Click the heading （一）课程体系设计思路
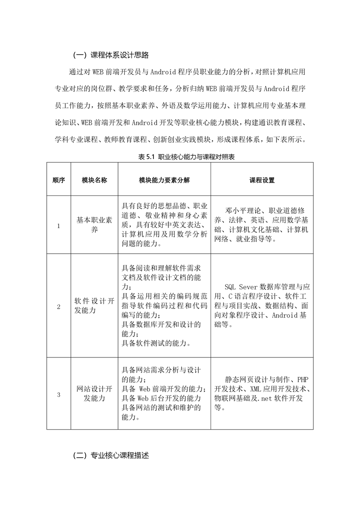coord(111,55)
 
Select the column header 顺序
coord(59,180)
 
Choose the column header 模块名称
coord(94,180)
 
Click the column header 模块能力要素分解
coord(164,180)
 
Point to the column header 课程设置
coord(262,180)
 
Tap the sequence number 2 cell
coord(59,307)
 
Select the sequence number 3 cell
coord(59,394)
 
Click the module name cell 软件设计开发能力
coord(94,307)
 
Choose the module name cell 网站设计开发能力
coord(94,394)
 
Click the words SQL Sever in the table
coord(241,286)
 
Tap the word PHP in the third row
coord(301,379)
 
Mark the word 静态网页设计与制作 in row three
coord(256,379)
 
